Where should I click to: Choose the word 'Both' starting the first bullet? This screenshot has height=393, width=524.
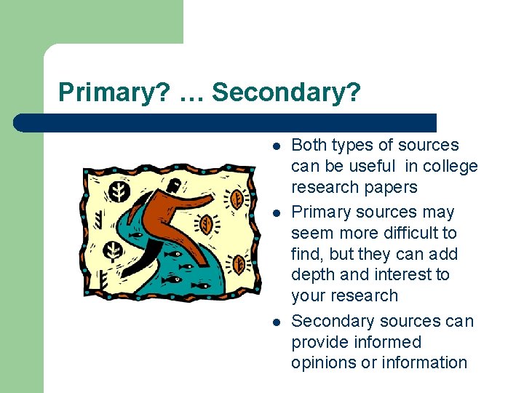click(309, 145)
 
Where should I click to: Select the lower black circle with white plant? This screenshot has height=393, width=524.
click(114, 251)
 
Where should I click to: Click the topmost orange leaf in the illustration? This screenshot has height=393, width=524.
click(236, 198)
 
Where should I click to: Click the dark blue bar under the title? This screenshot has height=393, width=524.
click(226, 122)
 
